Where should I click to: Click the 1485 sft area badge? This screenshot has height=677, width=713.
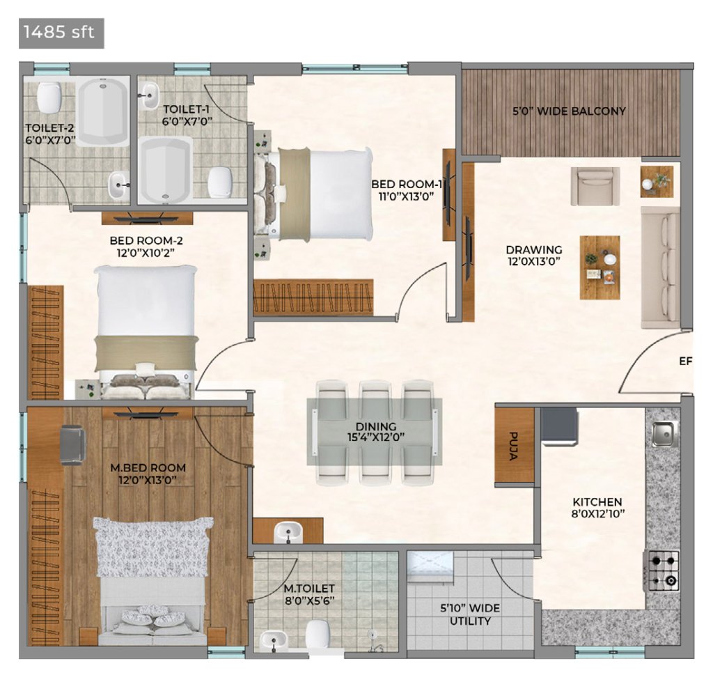[x=61, y=33]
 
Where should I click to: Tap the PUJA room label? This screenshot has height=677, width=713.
[x=515, y=446]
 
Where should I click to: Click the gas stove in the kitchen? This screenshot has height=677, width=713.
[x=663, y=571]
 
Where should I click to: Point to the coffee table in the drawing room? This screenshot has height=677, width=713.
[x=600, y=267]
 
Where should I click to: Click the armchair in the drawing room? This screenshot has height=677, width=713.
[x=595, y=186]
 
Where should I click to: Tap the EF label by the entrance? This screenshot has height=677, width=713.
[x=685, y=361]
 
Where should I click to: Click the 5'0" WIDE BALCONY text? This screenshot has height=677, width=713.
[x=569, y=111]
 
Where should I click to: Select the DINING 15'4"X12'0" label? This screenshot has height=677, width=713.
[x=375, y=432]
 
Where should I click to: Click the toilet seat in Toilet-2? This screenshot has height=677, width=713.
[x=49, y=98]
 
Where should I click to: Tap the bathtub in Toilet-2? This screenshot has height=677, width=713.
[x=102, y=111]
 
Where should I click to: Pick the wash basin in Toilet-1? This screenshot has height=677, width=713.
[x=149, y=95]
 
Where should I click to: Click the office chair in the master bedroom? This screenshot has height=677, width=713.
[x=72, y=444]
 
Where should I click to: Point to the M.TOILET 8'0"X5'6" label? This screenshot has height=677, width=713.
[x=309, y=595]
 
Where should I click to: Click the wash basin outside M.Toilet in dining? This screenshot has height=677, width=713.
[x=288, y=532]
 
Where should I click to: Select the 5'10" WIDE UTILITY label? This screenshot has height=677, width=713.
[x=470, y=615]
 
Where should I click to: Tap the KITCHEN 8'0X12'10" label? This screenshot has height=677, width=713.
[x=597, y=508]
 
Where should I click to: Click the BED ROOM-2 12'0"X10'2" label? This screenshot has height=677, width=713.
[x=146, y=247]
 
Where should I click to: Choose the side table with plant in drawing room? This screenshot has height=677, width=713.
[x=657, y=182]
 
